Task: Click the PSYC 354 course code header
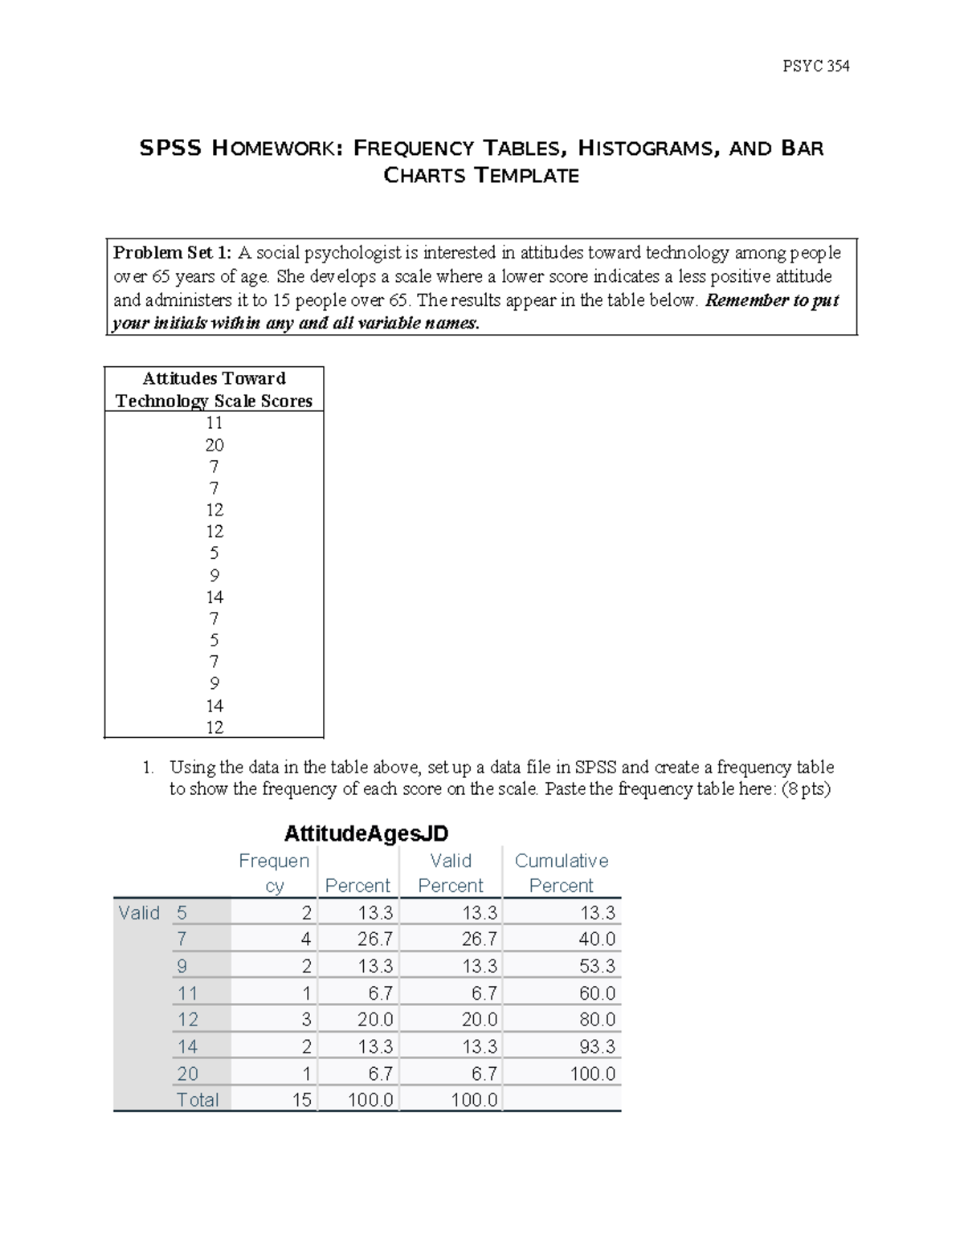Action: tap(815, 66)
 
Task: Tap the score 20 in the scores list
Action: tap(214, 445)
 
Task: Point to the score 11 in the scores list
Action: tap(214, 423)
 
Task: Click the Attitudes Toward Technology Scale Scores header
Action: tap(214, 389)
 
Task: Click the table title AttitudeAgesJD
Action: tap(366, 833)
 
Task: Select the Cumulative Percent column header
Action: tap(561, 873)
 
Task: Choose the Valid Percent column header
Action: tap(451, 873)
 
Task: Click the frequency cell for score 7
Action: tap(306, 939)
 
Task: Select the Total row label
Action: tap(197, 1100)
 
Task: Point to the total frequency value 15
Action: tap(301, 1100)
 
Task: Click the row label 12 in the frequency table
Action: tap(187, 1020)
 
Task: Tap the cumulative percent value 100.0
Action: tap(592, 1074)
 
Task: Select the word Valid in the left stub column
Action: tap(139, 913)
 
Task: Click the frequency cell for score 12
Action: tap(306, 1020)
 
